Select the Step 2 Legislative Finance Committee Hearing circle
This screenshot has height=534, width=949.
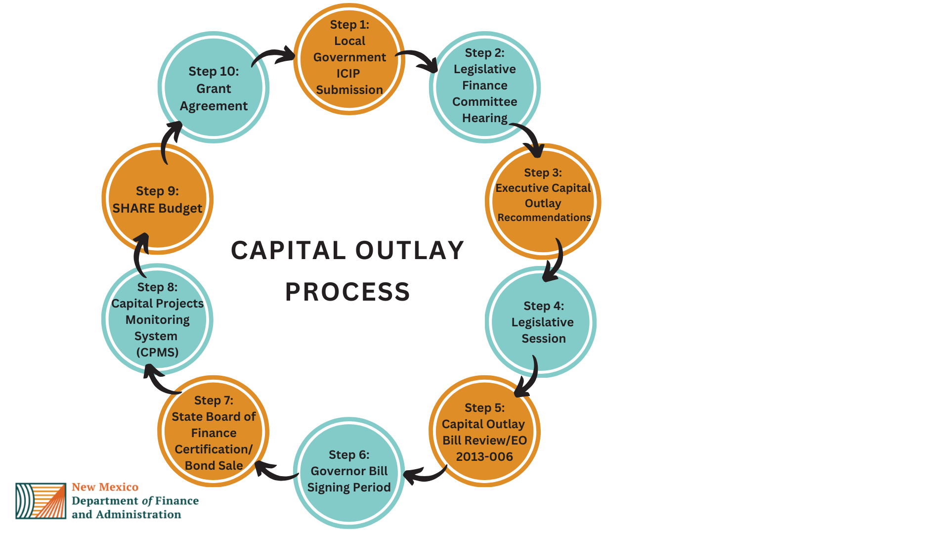click(484, 87)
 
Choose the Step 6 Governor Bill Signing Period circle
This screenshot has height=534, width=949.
click(349, 472)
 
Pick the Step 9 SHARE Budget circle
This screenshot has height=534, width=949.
click(157, 199)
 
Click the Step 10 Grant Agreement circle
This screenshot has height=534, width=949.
click(214, 88)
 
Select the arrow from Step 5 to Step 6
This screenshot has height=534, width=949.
click(424, 475)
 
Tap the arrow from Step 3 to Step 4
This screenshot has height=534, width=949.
click(556, 262)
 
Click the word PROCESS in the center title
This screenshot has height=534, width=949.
click(347, 292)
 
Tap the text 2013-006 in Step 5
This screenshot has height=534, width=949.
click(484, 456)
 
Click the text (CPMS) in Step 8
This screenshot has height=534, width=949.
click(157, 352)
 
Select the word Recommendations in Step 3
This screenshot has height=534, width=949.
click(544, 218)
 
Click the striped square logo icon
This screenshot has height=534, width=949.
click(41, 501)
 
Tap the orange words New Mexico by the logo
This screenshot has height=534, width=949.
click(105, 487)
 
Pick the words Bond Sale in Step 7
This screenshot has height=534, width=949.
click(214, 465)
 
